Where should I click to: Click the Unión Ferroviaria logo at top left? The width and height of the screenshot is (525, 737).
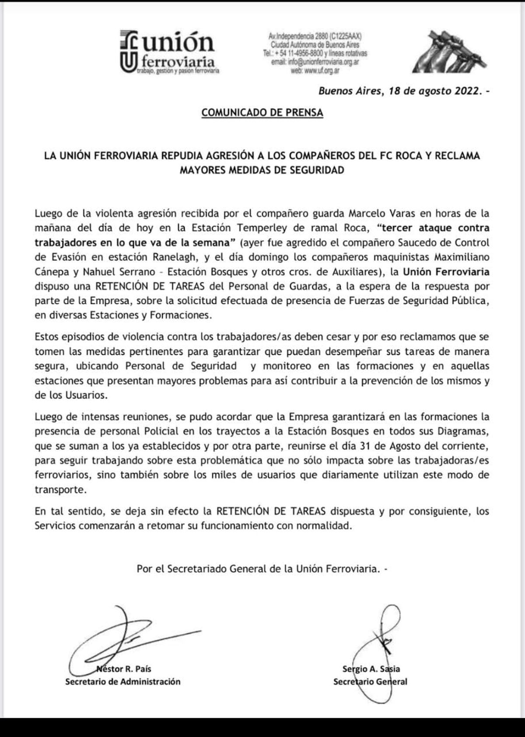pos(169,52)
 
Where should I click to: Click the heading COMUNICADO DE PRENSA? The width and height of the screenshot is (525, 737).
pos(262,112)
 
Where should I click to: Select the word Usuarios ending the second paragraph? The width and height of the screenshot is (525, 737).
pos(74,395)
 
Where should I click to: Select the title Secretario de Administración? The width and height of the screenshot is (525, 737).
pos(122,681)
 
